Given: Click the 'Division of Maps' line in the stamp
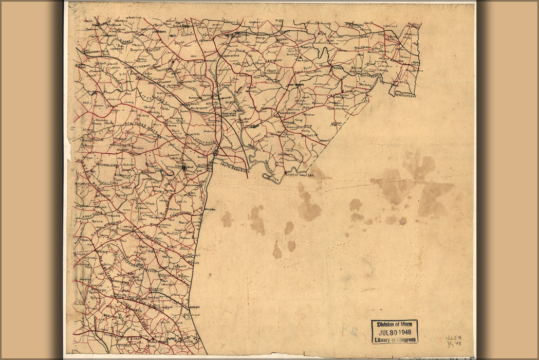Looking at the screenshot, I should (x=394, y=325).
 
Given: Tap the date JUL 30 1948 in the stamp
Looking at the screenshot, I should (x=394, y=332).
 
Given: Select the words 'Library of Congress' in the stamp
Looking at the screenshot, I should (x=394, y=339).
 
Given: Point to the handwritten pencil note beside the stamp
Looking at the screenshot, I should (x=453, y=338).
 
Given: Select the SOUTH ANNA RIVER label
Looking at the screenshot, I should (x=234, y=165).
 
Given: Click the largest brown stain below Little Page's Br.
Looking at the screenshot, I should (x=308, y=206).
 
